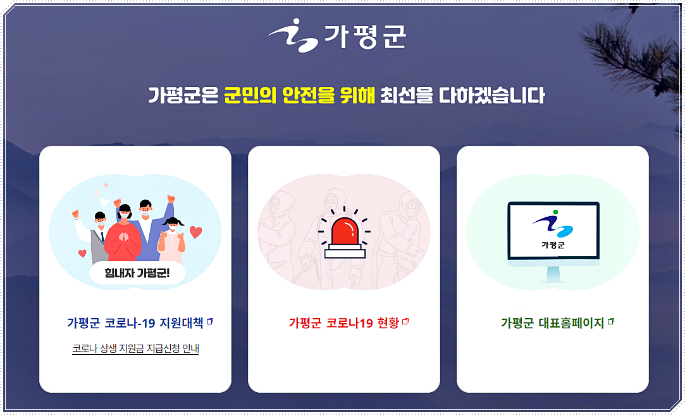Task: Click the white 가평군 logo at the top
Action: point(337,35)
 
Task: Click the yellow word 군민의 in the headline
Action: point(250,96)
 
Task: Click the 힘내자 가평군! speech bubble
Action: point(137,273)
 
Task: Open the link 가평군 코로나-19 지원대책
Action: point(135,323)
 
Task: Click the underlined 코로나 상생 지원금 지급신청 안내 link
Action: point(135,348)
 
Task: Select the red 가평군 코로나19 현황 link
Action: point(344,323)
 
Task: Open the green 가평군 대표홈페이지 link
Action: point(553,323)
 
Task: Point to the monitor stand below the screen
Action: point(553,274)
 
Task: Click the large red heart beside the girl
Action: point(195,232)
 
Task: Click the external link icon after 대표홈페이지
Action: point(611,322)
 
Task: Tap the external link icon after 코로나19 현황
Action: point(405,322)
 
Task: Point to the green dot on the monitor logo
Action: point(555,212)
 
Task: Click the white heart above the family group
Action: point(104,202)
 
